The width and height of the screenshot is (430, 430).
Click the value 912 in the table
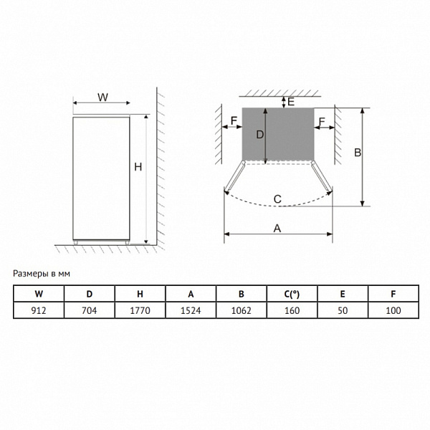[x=39, y=310]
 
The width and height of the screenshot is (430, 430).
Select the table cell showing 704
[x=89, y=310]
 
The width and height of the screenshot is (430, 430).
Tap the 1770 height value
[x=140, y=310]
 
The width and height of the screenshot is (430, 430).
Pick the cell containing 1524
[x=191, y=310]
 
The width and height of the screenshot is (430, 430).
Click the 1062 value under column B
[x=241, y=310]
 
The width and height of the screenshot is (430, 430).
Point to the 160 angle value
[x=292, y=310]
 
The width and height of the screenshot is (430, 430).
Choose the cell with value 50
[x=343, y=310]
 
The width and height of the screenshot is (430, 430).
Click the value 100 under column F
[x=393, y=310]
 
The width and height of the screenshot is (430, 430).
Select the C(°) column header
[x=292, y=295]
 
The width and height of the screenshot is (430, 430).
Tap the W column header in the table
[x=39, y=294]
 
